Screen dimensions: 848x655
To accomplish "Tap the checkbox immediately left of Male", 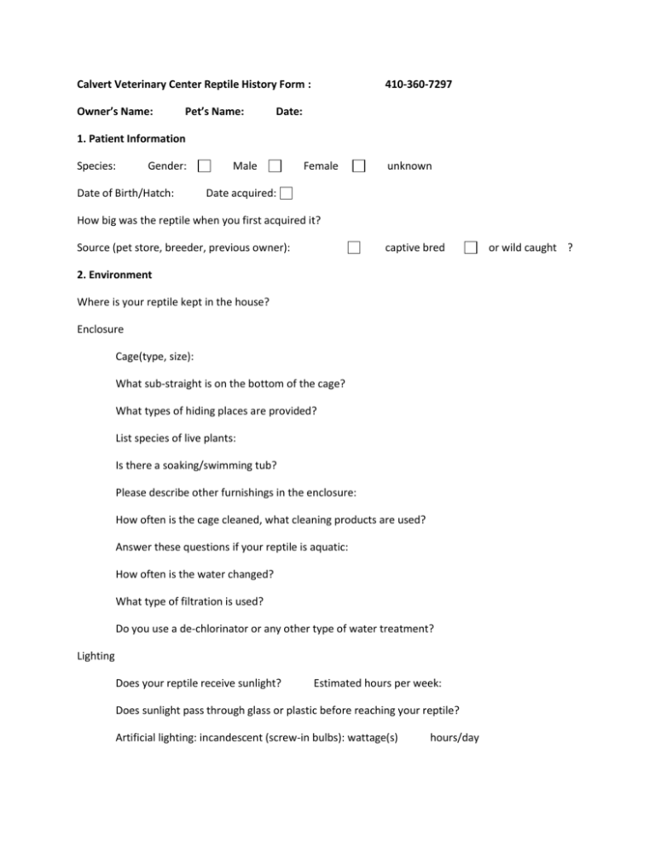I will click(205, 166).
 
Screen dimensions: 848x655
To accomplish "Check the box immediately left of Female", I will click(274, 166).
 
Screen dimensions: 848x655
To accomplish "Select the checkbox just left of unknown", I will click(360, 166).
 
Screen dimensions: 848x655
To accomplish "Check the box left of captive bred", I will click(353, 248).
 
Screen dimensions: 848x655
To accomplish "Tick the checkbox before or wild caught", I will click(470, 248).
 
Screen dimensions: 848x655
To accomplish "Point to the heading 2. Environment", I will click(114, 275).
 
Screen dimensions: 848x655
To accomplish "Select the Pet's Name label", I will click(215, 112).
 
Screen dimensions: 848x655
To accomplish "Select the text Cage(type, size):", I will click(159, 357).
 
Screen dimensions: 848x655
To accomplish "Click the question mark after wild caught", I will click(570, 248).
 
